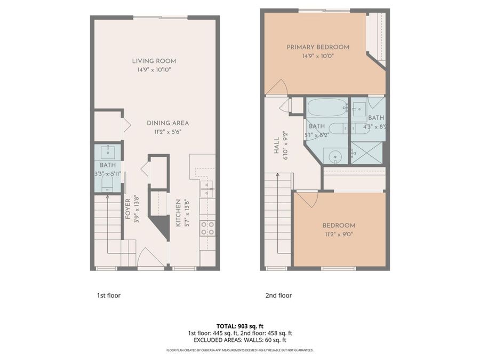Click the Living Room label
tap(154, 61)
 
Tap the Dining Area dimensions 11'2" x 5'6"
tap(168, 132)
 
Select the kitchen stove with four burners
tap(207, 228)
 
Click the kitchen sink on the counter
tap(207, 186)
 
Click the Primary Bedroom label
tap(318, 47)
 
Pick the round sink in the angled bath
tap(334, 156)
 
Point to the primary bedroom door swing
tap(277, 88)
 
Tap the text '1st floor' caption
tap(108, 295)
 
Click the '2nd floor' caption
tap(278, 295)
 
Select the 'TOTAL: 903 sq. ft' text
tap(239, 326)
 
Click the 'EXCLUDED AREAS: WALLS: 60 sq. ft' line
tap(239, 340)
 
